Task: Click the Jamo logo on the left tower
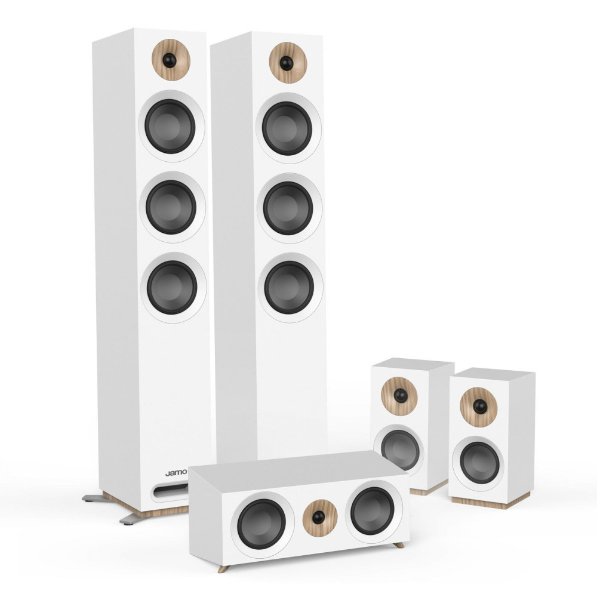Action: (x=176, y=473)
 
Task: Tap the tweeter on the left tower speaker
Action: (x=171, y=60)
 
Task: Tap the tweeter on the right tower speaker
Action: (x=288, y=63)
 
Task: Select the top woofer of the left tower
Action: (x=171, y=127)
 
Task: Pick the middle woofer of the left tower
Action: (x=172, y=207)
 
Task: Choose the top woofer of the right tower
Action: (x=288, y=128)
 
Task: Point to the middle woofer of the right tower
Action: (x=288, y=208)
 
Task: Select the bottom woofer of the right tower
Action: (x=290, y=288)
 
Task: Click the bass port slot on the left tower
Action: (x=170, y=491)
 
